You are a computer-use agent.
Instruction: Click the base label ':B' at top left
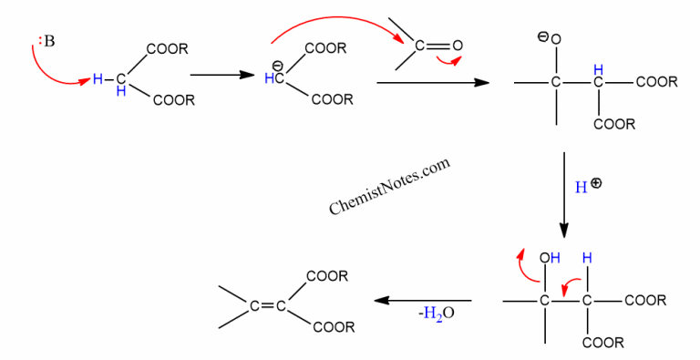pos(45,39)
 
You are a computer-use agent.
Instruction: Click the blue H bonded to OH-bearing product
pos(589,259)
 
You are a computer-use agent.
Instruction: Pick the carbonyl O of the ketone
pos(458,45)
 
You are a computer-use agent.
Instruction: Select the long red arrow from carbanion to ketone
pos(337,32)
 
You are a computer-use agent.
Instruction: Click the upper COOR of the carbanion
pos(325,49)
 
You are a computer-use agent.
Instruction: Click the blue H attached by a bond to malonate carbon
pos(98,79)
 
